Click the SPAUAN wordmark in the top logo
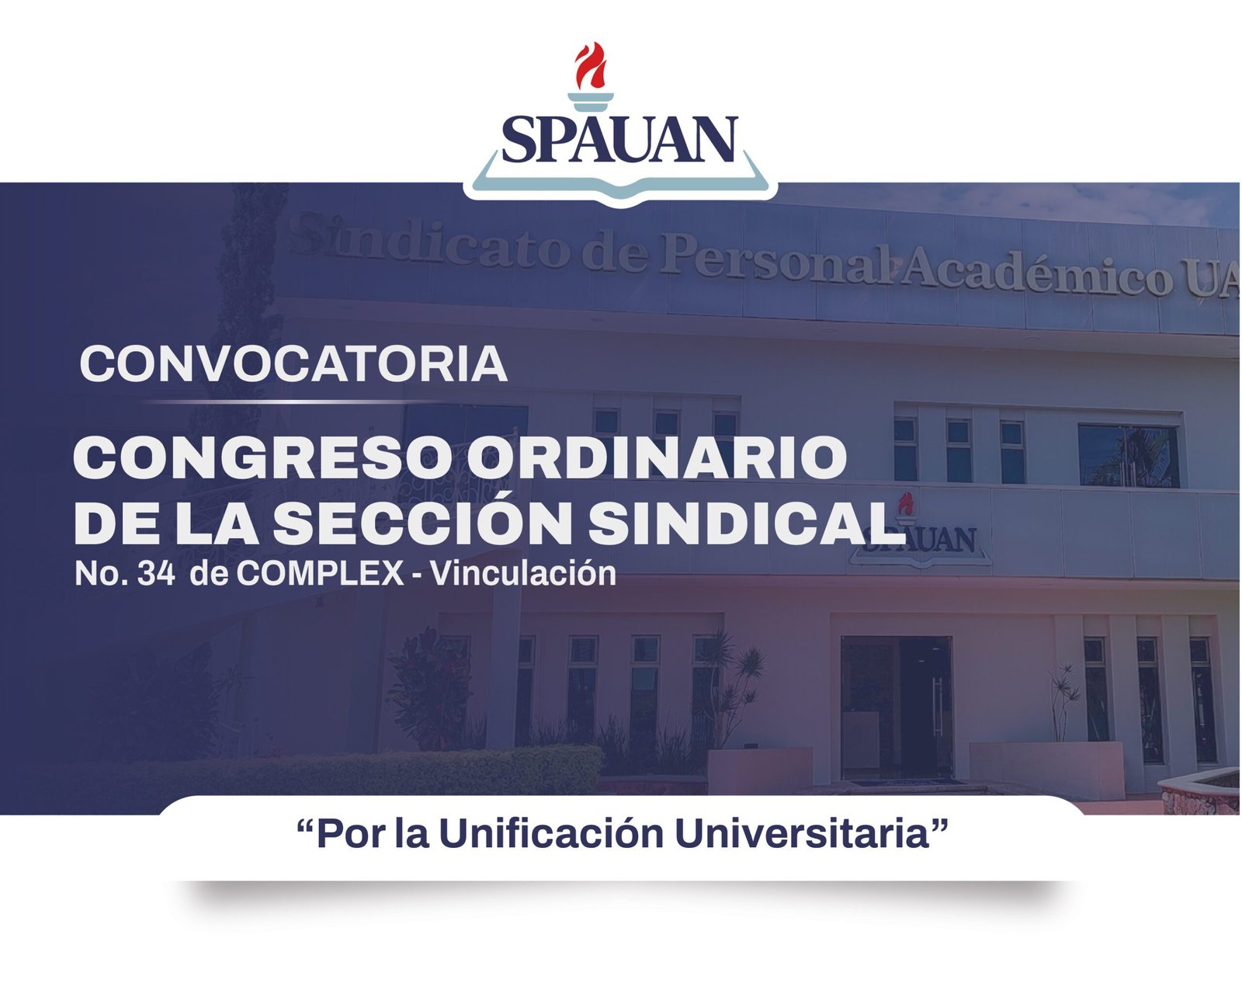pos(620,139)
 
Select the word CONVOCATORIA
pos(293,364)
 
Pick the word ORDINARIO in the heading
pos(657,457)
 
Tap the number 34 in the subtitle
pos(156,574)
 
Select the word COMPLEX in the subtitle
pos(320,574)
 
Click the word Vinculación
pos(523,574)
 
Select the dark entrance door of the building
pos(896,707)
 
